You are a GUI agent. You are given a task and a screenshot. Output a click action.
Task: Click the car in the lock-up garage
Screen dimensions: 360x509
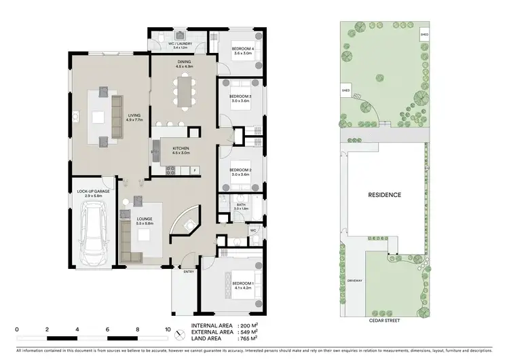pos(93,235)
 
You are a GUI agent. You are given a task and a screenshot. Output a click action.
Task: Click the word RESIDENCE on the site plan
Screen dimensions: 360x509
pos(384,195)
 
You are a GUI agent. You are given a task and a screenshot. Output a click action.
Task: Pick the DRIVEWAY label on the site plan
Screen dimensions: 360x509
pos(352,279)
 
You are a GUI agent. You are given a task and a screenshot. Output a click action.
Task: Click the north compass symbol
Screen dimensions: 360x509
pos(179,334)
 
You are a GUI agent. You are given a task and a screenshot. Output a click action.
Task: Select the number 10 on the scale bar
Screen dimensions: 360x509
pos(167,329)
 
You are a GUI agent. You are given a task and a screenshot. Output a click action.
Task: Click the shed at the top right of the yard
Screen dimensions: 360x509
pos(424,33)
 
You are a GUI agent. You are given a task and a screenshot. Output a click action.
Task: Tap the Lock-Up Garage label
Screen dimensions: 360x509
pos(93,193)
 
